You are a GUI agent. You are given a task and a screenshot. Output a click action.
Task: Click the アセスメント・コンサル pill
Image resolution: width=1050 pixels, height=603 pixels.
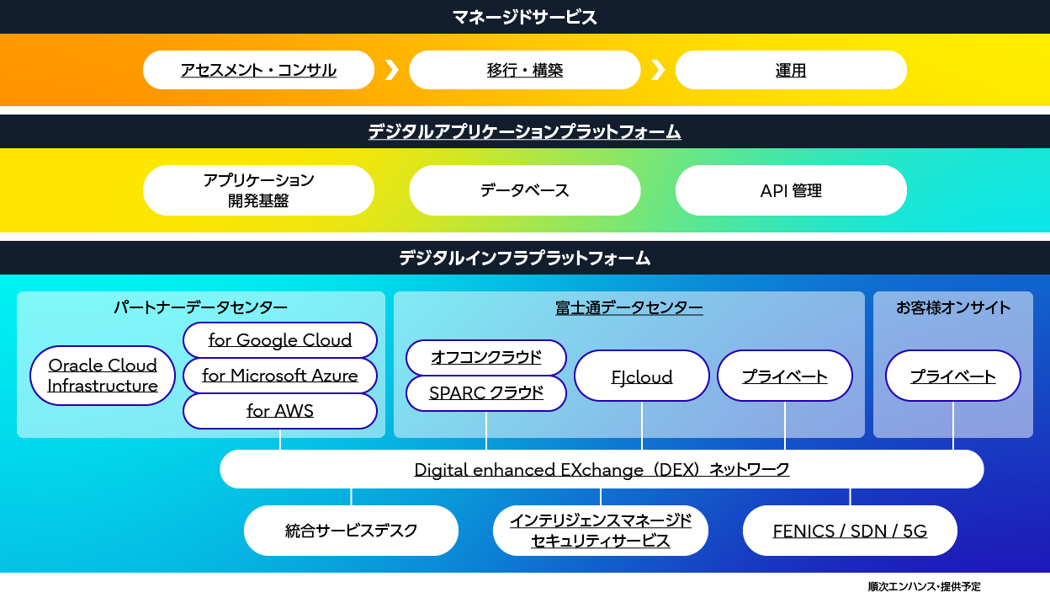pos(258,70)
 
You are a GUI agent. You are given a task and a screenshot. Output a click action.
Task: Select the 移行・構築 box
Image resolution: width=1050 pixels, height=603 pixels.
pos(524,70)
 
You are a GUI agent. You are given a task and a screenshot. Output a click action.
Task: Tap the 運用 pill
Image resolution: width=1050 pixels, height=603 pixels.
pos(791,70)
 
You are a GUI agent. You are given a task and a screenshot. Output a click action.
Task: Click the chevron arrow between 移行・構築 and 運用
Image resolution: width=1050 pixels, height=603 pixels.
pos(658,70)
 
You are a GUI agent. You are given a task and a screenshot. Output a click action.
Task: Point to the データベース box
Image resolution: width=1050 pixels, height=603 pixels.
pos(524,190)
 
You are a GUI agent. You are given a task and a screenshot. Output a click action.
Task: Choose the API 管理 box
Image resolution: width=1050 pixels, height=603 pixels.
pos(791,190)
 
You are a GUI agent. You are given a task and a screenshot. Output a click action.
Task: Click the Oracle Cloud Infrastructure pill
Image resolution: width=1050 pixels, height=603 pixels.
pos(103,376)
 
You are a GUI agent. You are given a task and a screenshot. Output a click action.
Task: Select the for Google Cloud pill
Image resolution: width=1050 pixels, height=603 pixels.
pos(280,340)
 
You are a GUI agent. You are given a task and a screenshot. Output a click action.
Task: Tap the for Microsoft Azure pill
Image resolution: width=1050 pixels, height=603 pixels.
pos(280,376)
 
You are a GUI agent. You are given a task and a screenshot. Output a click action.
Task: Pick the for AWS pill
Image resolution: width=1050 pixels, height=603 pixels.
pos(280,411)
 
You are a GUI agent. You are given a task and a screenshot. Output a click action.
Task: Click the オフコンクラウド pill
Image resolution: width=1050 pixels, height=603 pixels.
pos(486,358)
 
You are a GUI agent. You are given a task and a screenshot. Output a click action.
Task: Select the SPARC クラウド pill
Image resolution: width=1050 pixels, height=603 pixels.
pos(486,393)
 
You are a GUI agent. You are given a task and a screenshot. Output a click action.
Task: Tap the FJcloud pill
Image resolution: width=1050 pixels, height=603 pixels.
pos(642,376)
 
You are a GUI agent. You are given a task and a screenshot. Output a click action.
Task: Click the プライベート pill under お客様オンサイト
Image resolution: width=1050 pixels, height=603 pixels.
pos(953,376)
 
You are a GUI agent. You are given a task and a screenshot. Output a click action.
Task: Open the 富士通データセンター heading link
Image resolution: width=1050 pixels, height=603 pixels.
pos(629,308)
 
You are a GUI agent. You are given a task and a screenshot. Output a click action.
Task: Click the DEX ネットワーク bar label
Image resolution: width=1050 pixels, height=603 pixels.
pos(602,469)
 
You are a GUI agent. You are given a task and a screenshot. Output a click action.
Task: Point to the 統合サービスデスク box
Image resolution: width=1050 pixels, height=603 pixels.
pos(351,531)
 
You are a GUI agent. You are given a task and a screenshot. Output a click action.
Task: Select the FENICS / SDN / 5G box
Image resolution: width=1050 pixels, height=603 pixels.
pos(850,531)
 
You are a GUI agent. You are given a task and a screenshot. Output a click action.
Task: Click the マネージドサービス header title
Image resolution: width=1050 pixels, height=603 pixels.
pos(524,18)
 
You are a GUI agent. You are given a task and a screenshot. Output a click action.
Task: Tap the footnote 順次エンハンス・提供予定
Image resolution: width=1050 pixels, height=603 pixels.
pos(924,586)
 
